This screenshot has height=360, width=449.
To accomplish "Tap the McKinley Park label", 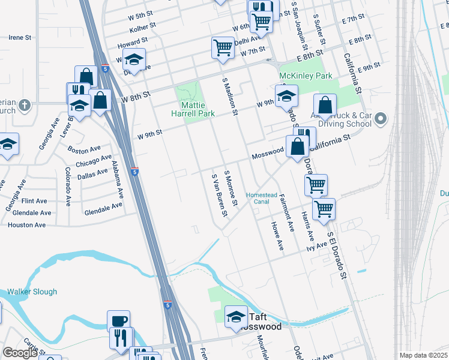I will click(306, 77).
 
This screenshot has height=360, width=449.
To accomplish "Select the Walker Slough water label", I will click(32, 292).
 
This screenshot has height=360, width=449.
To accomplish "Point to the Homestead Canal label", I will click(262, 198).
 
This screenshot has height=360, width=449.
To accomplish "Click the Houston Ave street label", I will click(26, 225).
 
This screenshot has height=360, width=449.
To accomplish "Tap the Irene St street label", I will click(20, 37).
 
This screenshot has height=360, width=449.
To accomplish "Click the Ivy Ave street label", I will click(316, 245).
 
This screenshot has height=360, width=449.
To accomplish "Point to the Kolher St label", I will click(142, 26).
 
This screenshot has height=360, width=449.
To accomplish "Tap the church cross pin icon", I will click(24, 106).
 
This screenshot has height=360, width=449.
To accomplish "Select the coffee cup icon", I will click(118, 320).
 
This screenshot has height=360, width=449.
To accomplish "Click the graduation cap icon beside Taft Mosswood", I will click(236, 316).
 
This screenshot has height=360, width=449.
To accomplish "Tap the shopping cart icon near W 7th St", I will click(223, 47).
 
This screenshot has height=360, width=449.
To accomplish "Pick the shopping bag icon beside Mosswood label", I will click(298, 145).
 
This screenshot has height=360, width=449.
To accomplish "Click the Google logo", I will click(19, 353).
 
